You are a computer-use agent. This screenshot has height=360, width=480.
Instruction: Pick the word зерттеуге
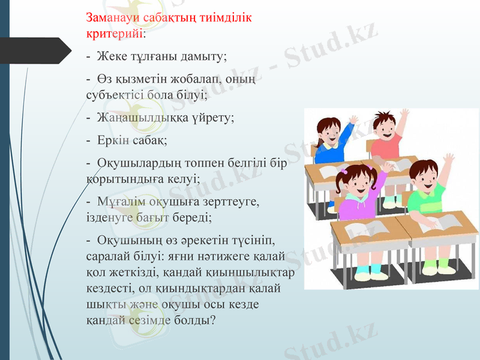coord(232,201)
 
